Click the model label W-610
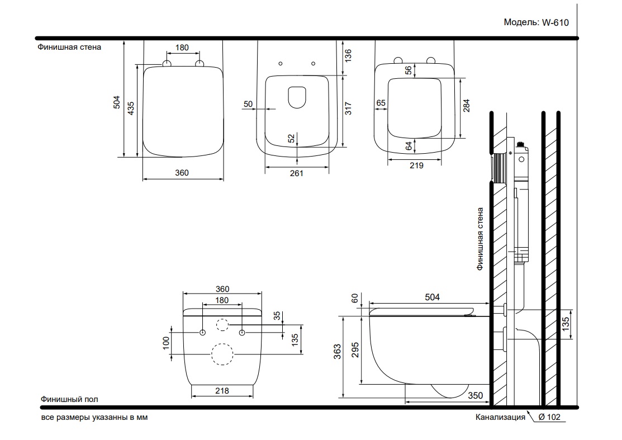click(x=555, y=22)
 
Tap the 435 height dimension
click(x=131, y=108)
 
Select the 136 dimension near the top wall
click(x=348, y=55)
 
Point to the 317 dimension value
click(x=348, y=108)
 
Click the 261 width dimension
click(x=296, y=173)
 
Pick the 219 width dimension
click(x=416, y=165)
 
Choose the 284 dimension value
click(x=466, y=106)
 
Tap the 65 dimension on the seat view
click(x=381, y=103)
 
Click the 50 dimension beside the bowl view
click(x=248, y=104)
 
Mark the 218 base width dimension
click(x=222, y=391)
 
